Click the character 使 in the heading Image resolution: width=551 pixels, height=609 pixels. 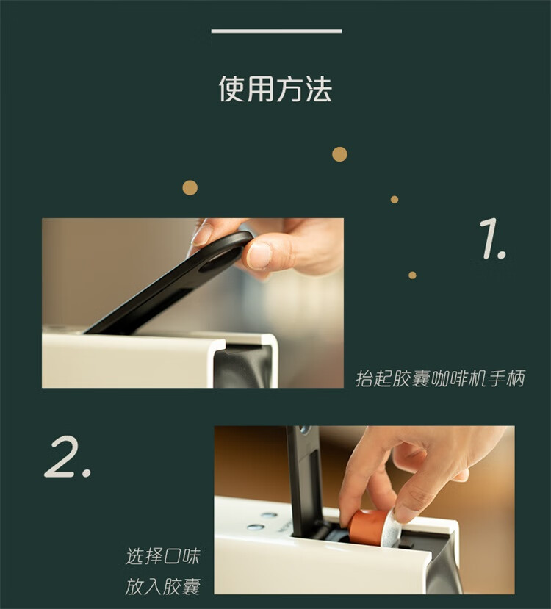pyautogui.click(x=232, y=89)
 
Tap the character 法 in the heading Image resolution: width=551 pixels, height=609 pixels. pyautogui.click(x=318, y=89)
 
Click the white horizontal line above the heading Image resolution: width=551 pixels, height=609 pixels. pyautogui.click(x=276, y=31)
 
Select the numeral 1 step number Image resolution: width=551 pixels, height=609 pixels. pyautogui.click(x=492, y=238)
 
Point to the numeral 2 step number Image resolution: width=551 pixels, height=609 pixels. pyautogui.click(x=67, y=456)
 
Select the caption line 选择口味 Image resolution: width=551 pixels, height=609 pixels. pyautogui.click(x=162, y=556)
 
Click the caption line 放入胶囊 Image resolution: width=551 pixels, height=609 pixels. pyautogui.click(x=162, y=586)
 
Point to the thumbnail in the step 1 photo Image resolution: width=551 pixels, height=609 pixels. pyautogui.click(x=259, y=256)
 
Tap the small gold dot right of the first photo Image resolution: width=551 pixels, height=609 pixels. pyautogui.click(x=412, y=275)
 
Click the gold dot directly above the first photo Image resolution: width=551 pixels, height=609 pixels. pyautogui.click(x=190, y=187)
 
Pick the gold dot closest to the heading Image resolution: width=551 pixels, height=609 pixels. pyautogui.click(x=339, y=154)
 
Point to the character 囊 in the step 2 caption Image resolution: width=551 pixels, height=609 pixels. pyautogui.click(x=191, y=586)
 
